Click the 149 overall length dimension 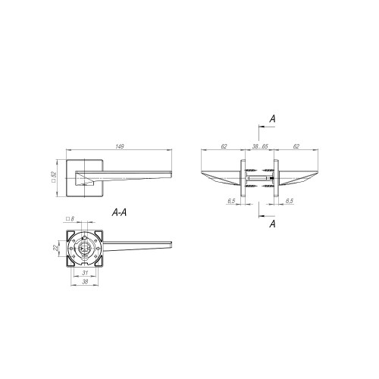(x=120, y=146)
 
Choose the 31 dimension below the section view (x=85, y=274)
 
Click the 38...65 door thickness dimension (x=259, y=146)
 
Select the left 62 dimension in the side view (x=224, y=146)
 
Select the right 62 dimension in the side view (x=296, y=146)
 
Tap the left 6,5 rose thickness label (x=230, y=201)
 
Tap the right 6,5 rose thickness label (x=290, y=201)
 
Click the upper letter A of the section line (x=271, y=118)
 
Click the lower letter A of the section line (x=271, y=225)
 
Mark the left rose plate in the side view (x=243, y=179)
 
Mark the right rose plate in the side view (x=277, y=179)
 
